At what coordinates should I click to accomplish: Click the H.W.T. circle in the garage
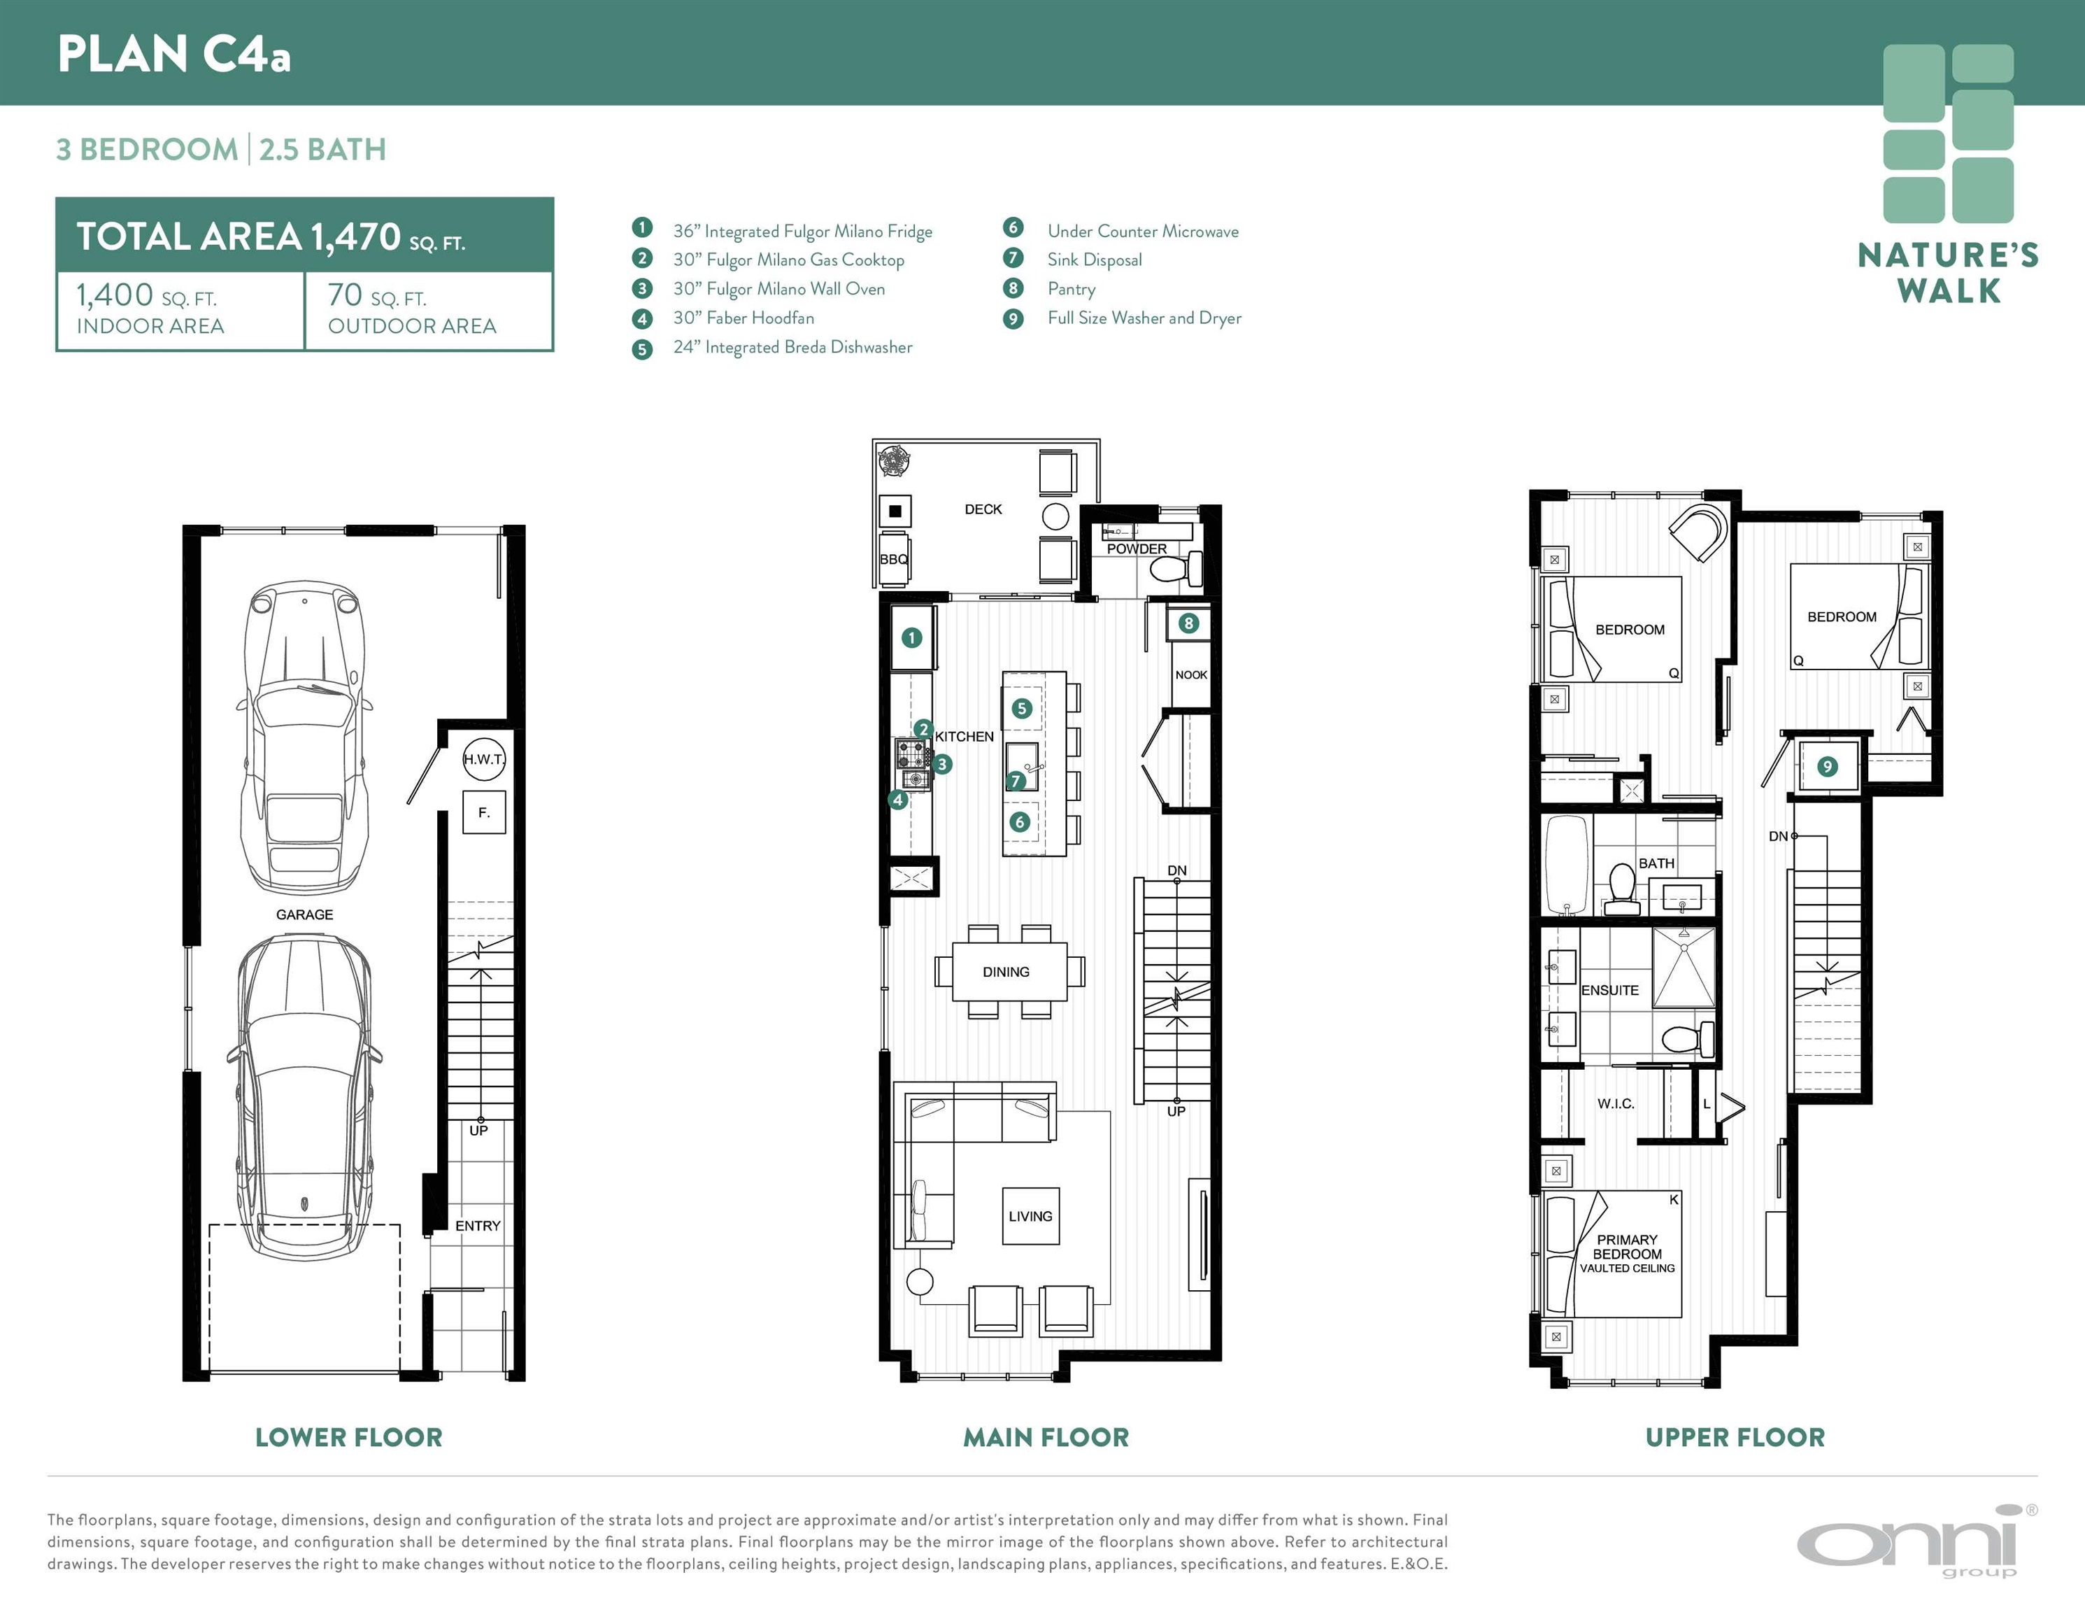point(484,759)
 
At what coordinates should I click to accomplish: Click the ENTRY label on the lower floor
point(477,1225)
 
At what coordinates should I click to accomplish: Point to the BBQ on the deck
point(895,558)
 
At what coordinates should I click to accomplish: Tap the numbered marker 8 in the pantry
point(1188,623)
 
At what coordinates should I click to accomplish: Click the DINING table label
point(1006,972)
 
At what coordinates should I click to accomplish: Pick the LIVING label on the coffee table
point(1030,1217)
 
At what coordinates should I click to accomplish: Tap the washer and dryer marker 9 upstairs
point(1827,766)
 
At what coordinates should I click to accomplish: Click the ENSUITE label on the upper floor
point(1609,990)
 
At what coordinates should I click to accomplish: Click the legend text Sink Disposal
point(1094,260)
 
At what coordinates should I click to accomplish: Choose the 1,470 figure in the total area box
point(355,236)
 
